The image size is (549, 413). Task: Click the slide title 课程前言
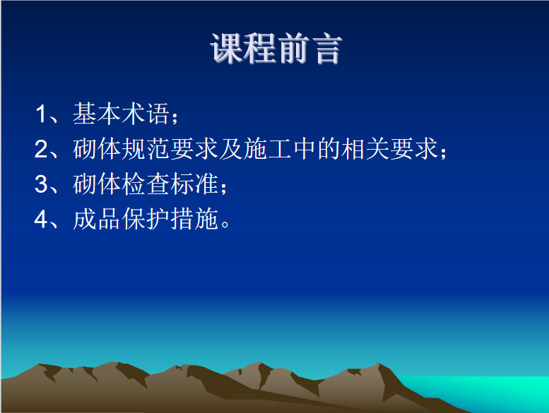[x=276, y=49]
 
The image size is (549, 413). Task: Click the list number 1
[x=41, y=114]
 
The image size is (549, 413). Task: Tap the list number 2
[x=41, y=149]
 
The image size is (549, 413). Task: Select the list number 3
[x=41, y=184]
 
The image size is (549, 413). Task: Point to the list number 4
[x=41, y=220]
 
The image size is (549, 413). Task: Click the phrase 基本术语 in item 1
[x=121, y=113]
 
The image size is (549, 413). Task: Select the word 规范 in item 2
[x=146, y=149]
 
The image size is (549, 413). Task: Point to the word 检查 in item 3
[x=146, y=184]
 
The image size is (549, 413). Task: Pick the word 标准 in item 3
[x=194, y=184]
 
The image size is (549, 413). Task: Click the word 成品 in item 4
[x=97, y=220]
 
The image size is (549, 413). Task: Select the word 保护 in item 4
[x=146, y=220]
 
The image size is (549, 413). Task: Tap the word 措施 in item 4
[x=194, y=220]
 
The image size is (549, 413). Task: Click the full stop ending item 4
[x=225, y=225]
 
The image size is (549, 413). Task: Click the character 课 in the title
[x=227, y=49]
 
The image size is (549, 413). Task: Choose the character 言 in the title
[x=326, y=49]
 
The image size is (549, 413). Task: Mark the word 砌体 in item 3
[x=97, y=184]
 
